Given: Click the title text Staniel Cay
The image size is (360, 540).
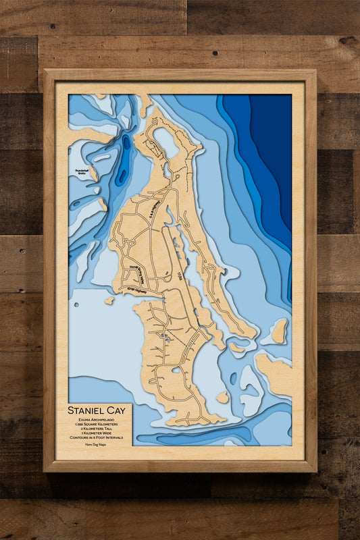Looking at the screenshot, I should pyautogui.click(x=97, y=410).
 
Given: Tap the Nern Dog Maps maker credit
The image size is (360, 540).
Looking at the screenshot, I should pyautogui.click(x=97, y=453).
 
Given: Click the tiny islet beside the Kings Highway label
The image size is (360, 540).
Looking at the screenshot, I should pyautogui.click(x=109, y=300).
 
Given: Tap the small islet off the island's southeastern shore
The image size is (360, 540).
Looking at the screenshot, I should pyautogui.click(x=222, y=397).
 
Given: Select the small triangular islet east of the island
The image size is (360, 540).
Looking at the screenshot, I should pyautogui.click(x=278, y=331).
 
